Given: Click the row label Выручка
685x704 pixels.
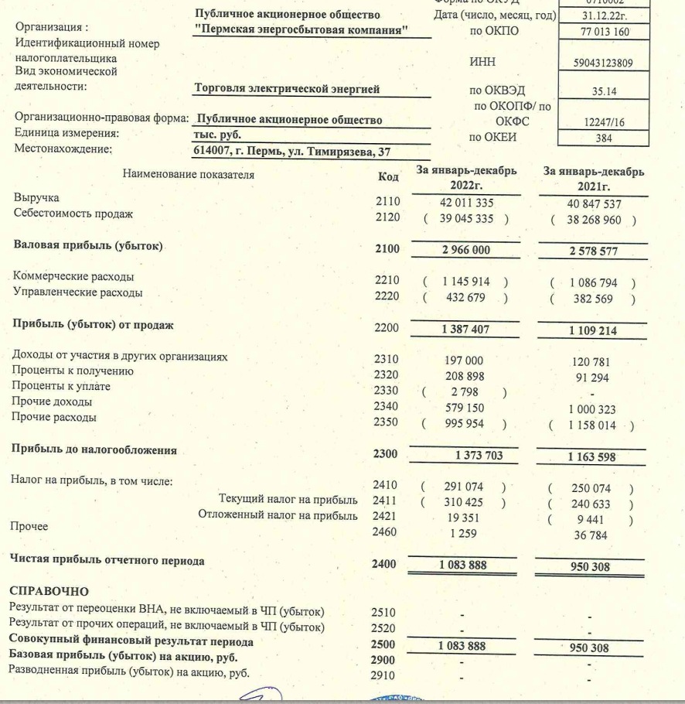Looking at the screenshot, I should coord(36,198).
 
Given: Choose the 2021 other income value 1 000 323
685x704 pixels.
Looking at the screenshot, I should coord(591,409).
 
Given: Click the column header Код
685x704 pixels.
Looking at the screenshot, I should coord(388,177).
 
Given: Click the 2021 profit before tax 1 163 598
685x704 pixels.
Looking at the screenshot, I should coord(591,457).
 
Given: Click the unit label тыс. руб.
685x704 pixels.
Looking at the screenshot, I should coord(219,134).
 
